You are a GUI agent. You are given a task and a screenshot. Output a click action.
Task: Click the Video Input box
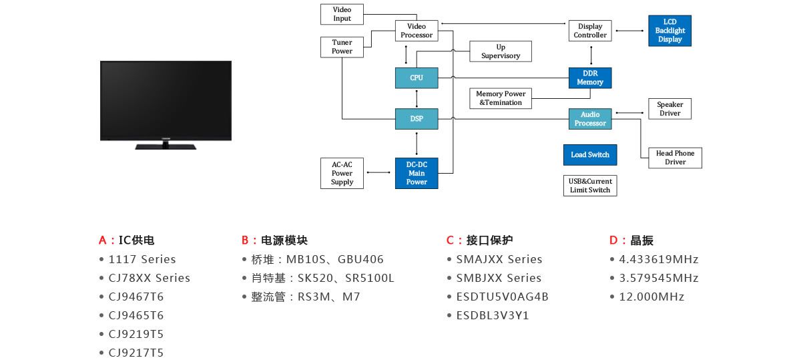[342, 14]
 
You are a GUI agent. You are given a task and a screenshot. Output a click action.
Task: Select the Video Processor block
[417, 31]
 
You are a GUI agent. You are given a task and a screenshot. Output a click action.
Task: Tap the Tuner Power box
[342, 47]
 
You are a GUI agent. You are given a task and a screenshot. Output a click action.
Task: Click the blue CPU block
[417, 78]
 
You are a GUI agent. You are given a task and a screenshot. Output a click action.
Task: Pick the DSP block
[417, 120]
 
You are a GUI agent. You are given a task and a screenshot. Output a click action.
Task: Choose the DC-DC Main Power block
[417, 173]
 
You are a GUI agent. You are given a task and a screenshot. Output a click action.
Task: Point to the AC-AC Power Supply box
[342, 173]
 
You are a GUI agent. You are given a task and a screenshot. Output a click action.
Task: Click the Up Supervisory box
[501, 51]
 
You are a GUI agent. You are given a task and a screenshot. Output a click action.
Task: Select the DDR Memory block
[590, 78]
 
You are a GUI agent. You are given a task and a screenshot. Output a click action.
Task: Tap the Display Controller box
[590, 31]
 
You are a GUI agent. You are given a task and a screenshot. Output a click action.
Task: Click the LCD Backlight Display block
[670, 31]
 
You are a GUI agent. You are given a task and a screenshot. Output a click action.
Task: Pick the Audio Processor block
[590, 120]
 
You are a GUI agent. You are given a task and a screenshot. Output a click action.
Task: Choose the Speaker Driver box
[670, 109]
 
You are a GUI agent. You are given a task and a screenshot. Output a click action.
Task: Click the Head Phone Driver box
[675, 158]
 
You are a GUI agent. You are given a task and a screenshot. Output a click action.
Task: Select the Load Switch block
[590, 155]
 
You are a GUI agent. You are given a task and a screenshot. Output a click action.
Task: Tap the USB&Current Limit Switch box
[590, 186]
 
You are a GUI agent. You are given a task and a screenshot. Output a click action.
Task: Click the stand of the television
[166, 146]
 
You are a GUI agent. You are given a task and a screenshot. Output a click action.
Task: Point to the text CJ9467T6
[136, 297]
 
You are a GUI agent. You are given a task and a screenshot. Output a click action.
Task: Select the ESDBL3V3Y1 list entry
[493, 315]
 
